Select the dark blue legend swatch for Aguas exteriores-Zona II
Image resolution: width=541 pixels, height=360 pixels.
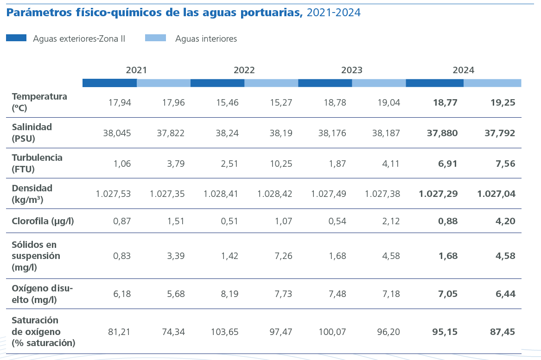coord(16,38)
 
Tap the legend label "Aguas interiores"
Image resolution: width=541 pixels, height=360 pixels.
coord(206,39)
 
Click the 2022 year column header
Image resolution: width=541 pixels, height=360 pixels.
coord(244,70)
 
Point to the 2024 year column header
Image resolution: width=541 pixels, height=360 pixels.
coord(463,70)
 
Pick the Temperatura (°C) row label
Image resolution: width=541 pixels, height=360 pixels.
coord(39,102)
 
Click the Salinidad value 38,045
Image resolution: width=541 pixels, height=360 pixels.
coord(117,133)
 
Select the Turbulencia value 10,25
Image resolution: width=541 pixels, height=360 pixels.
coord(281,164)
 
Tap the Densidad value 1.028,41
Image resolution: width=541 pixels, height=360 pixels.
coord(221,194)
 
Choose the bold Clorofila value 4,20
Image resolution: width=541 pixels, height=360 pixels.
coord(503,221)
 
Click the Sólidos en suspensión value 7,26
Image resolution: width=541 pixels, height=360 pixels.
coord(281,256)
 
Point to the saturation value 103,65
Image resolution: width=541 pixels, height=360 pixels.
coord(224,332)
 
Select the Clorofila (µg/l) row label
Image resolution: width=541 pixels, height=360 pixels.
coord(43,221)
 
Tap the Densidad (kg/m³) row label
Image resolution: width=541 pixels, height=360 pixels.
coord(32,194)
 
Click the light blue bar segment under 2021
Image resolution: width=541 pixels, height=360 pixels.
coord(164,83)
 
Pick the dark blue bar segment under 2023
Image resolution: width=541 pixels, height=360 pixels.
coord(325,83)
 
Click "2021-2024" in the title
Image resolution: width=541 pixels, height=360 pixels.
coord(333,13)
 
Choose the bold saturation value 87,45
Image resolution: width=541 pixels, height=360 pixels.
coord(502,332)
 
